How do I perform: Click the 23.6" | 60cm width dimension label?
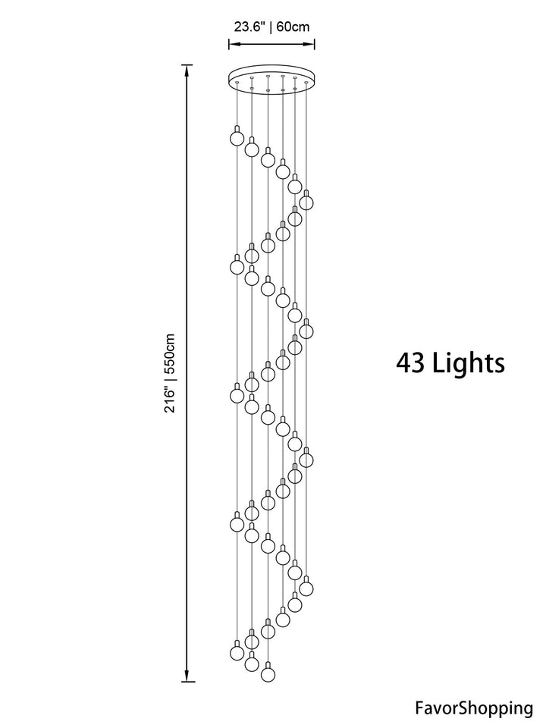tap(271, 27)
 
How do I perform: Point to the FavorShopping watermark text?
tap(473, 709)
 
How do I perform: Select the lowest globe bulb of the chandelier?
tap(267, 673)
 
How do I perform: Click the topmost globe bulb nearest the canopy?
tap(237, 139)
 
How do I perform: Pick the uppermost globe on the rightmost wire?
tap(306, 202)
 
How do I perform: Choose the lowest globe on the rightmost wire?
tap(306, 588)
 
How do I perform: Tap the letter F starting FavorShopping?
tap(419, 709)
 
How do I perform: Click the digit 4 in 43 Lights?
tap(404, 363)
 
